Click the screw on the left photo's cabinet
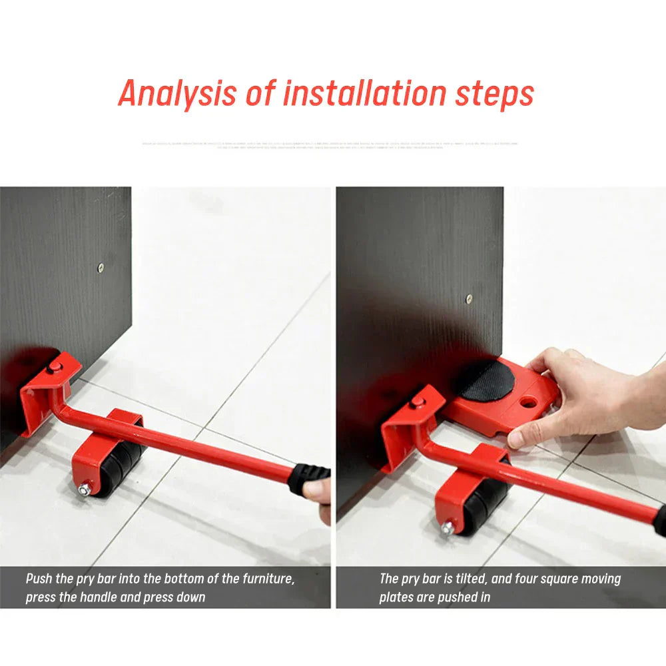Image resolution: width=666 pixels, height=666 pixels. coord(101,268)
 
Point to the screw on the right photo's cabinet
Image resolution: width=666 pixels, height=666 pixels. coord(469,299)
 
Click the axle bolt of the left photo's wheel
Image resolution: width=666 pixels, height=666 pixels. coord(85,491)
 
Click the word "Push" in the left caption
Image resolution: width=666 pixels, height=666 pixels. coord(40,579)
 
